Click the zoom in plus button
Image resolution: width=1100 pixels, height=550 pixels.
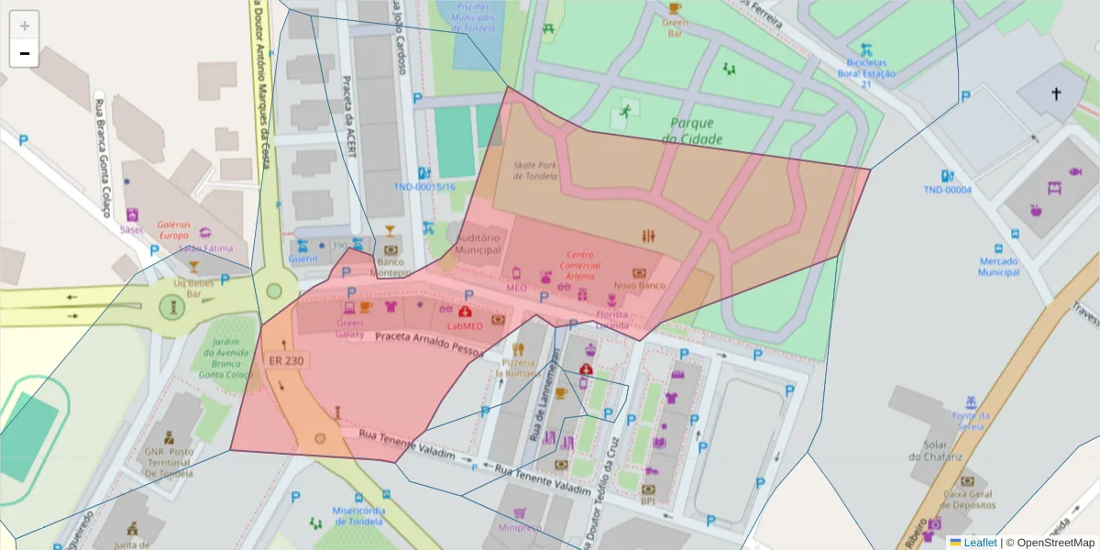pyautogui.click(x=25, y=26)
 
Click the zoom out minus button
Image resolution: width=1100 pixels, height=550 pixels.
pyautogui.click(x=25, y=54)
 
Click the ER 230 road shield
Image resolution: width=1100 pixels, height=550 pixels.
pyautogui.click(x=287, y=360)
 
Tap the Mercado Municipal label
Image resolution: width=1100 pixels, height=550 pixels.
pyautogui.click(x=998, y=266)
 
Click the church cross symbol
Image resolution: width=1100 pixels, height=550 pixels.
pyautogui.click(x=1055, y=93)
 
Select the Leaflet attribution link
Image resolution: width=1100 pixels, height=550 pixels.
pyautogui.click(x=980, y=543)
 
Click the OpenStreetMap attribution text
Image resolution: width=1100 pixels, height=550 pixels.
pyautogui.click(x=1050, y=543)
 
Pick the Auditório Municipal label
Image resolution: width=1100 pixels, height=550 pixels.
pyautogui.click(x=478, y=244)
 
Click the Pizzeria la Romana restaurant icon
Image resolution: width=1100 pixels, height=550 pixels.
pyautogui.click(x=519, y=349)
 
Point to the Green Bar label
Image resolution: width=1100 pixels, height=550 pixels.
pyautogui.click(x=675, y=27)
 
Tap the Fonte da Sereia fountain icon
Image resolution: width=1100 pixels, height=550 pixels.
pyautogui.click(x=970, y=401)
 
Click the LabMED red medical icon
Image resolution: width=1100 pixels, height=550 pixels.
pyautogui.click(x=465, y=312)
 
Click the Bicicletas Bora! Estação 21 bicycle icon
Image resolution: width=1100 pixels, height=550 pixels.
pyautogui.click(x=866, y=49)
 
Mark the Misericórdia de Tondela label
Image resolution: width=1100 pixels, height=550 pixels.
pyautogui.click(x=358, y=516)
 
